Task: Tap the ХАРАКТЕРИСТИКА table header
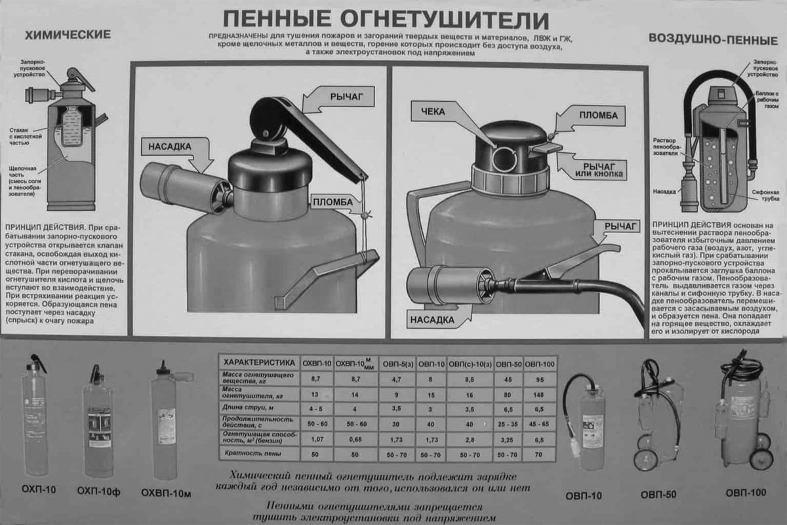pyautogui.click(x=256, y=362)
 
